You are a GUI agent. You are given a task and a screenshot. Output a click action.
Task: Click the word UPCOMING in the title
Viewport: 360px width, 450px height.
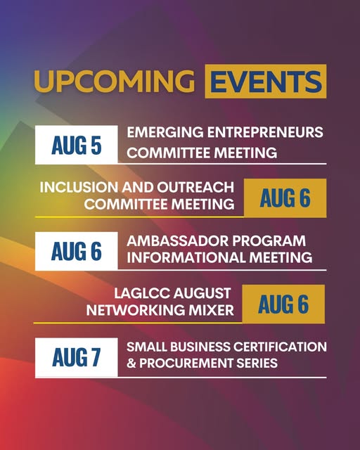[x=115, y=82]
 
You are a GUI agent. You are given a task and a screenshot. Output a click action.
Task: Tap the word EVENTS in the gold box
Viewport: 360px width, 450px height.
[x=266, y=82]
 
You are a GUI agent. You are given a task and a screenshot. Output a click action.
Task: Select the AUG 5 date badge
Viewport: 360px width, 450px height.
[x=77, y=145]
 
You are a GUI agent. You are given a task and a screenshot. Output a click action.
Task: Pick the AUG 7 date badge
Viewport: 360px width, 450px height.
[x=77, y=357]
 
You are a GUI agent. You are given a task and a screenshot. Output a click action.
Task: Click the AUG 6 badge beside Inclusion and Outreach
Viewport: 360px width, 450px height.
[x=285, y=198]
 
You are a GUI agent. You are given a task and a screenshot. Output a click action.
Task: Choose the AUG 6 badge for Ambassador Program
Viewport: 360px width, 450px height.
[x=77, y=251]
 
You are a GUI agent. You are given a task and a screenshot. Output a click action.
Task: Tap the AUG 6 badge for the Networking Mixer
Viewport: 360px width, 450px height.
[x=283, y=304]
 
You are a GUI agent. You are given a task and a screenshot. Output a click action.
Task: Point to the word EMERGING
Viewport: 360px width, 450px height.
[x=165, y=132]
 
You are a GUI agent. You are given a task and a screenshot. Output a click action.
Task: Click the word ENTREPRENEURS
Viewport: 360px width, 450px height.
[x=265, y=132]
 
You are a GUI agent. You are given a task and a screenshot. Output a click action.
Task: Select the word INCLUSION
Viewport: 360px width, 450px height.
[x=79, y=187]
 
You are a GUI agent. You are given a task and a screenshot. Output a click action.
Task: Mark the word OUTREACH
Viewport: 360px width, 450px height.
[x=195, y=187]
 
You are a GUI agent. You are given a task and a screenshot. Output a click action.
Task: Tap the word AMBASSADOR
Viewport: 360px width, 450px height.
[x=177, y=240]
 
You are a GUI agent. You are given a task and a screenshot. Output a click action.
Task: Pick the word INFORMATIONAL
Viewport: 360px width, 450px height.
[x=186, y=257]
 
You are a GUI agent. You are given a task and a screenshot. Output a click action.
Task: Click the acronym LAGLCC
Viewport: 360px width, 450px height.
[x=142, y=293]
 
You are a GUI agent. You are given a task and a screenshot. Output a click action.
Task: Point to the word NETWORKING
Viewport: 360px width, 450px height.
[x=134, y=310]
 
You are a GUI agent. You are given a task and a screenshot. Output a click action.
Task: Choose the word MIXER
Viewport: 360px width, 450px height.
[x=210, y=310]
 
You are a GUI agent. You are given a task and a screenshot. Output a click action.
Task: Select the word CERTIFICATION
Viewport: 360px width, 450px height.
[x=280, y=347]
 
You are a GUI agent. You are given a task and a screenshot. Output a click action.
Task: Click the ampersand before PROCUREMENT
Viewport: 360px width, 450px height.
[x=131, y=363]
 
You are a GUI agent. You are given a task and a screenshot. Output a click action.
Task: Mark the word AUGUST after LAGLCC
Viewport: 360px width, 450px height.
[x=202, y=293]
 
